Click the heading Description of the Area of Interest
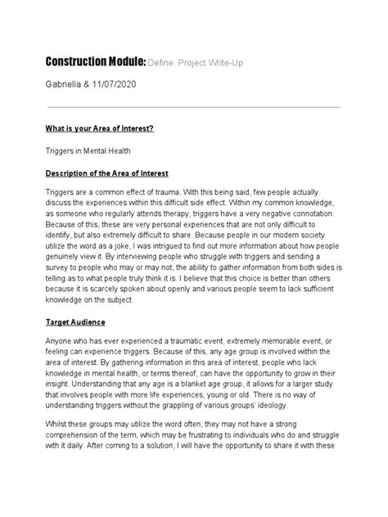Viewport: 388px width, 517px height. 106,173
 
